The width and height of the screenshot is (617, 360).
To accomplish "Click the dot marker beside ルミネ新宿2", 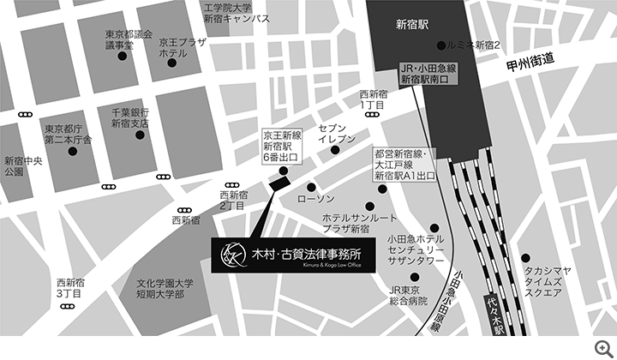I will (441, 45).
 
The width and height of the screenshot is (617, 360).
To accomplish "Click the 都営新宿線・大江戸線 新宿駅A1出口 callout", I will (404, 163).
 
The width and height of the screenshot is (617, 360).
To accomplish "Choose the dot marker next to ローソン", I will (310, 187).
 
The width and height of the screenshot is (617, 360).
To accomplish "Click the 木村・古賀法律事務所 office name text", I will (304, 253).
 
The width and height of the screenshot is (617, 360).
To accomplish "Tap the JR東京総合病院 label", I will (405, 296).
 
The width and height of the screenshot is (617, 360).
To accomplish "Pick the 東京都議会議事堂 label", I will (129, 39).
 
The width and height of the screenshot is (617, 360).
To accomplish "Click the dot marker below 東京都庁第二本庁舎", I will (73, 152).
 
